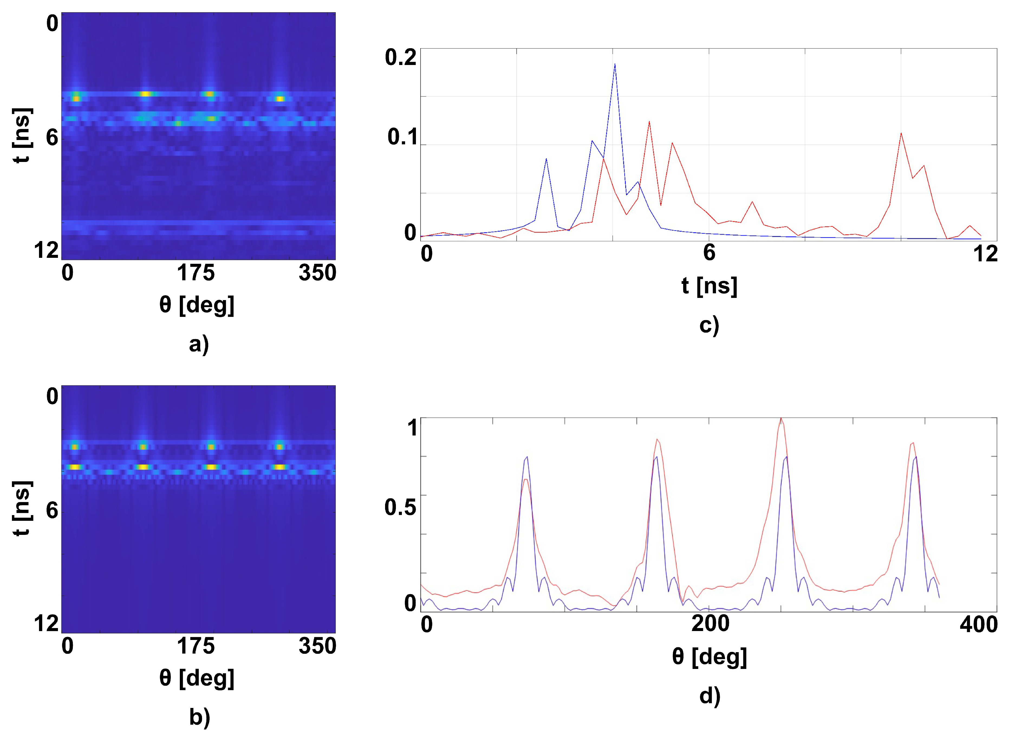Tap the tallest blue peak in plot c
615,64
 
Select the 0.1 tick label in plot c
402,137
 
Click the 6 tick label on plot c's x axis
709,253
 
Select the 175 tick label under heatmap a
196,273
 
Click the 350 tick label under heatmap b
317,646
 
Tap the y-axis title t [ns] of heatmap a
22,136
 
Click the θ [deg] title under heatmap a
197,305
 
